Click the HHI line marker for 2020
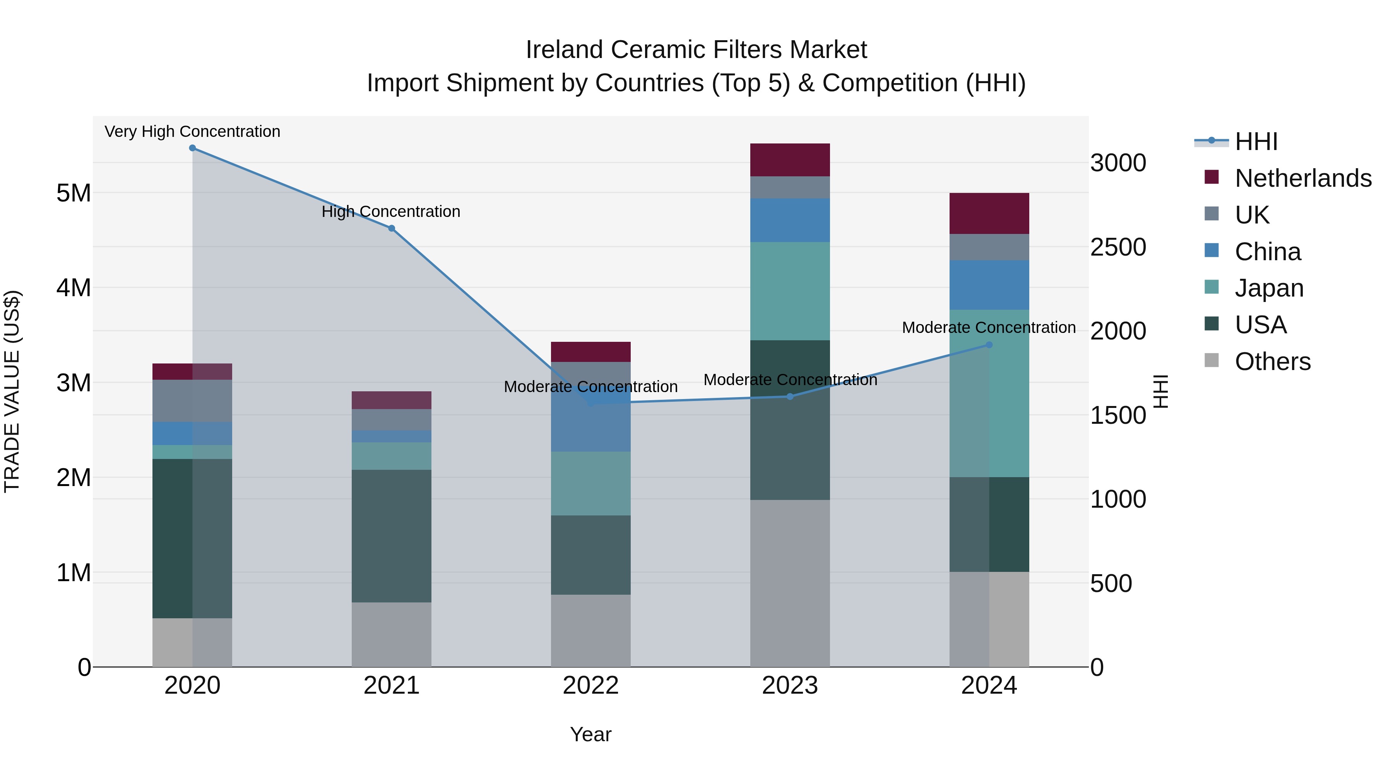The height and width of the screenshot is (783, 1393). pos(193,148)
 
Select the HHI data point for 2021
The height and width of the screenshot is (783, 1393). pos(392,228)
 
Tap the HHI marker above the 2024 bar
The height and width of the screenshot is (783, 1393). pos(989,345)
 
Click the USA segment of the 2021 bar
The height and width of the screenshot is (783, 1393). pos(392,536)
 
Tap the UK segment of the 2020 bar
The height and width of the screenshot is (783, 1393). pos(193,401)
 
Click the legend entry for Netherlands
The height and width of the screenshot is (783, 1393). pos(1303,178)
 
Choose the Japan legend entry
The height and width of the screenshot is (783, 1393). pos(1269,288)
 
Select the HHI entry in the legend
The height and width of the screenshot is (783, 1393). pos(1256,142)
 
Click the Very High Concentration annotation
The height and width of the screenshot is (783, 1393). pos(193,132)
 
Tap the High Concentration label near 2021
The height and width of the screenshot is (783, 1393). pos(391,212)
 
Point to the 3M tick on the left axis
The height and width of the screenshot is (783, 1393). pos(74,382)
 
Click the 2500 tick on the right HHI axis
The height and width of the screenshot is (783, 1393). pos(1118,247)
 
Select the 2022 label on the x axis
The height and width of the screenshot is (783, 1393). pos(590,686)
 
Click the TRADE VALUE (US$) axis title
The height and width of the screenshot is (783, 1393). pos(12,391)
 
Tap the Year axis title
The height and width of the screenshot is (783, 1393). pos(590,734)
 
